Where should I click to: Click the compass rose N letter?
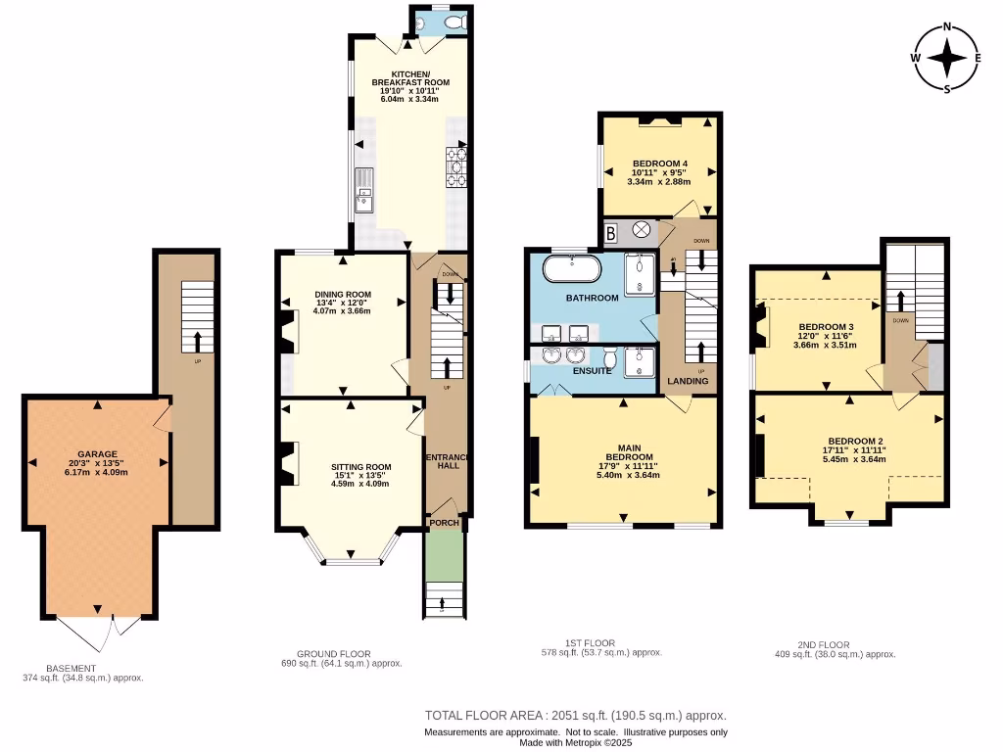[x=947, y=27]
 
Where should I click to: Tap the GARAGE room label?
[x=98, y=454]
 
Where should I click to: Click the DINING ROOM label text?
[x=343, y=294]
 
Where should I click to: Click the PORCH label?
[x=445, y=523]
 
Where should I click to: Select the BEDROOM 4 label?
[x=660, y=164]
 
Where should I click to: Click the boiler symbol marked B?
[x=611, y=233]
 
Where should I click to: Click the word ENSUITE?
[x=593, y=371]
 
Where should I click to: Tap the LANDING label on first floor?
[x=688, y=381]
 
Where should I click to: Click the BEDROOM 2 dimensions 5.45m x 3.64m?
[x=855, y=458]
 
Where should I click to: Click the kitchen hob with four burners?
[x=457, y=165]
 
